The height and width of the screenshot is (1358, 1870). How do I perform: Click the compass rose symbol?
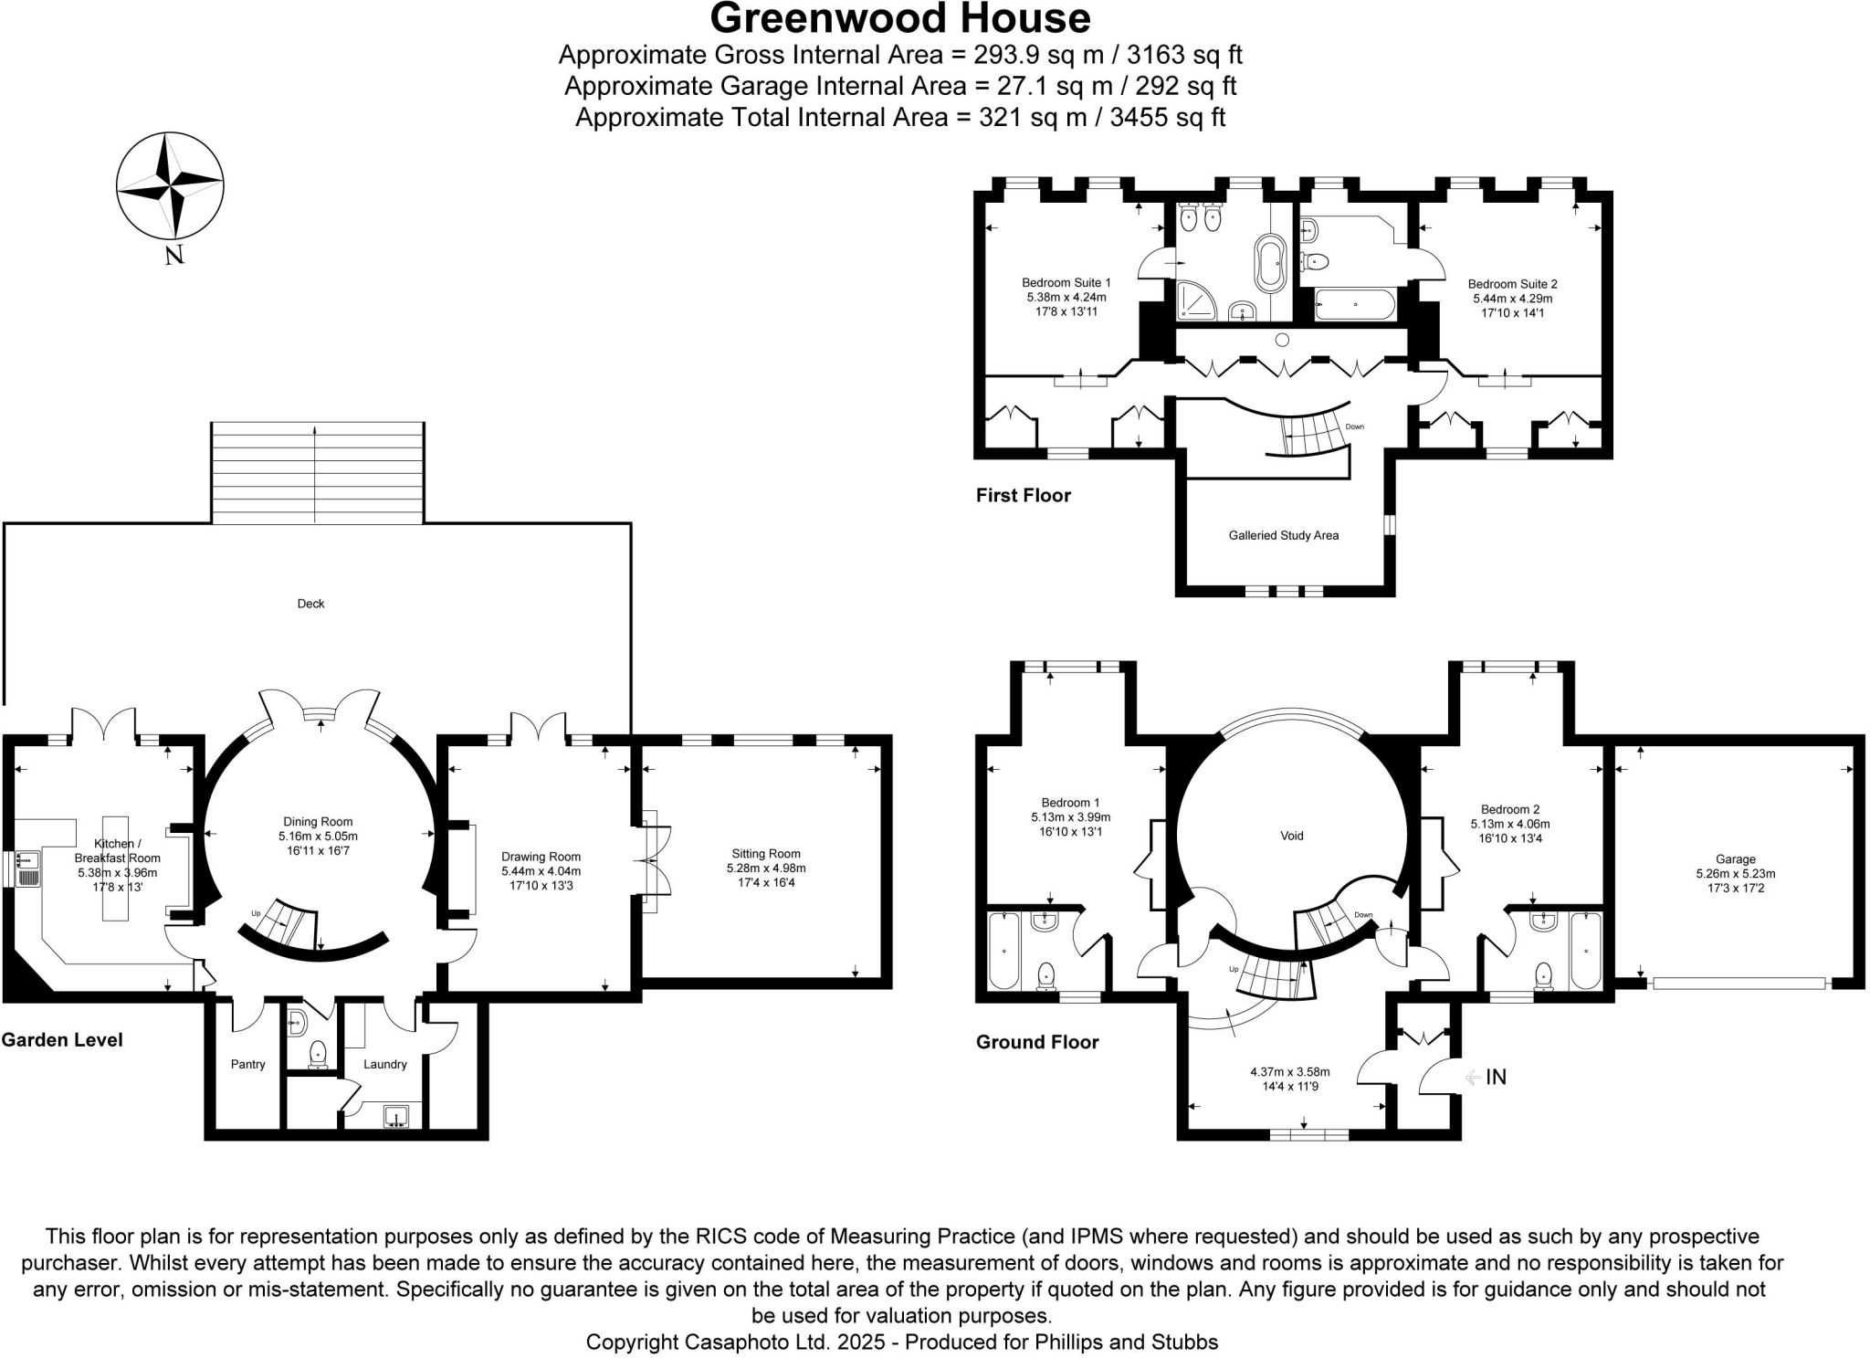(x=170, y=186)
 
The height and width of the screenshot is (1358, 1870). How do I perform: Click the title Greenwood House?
(x=899, y=18)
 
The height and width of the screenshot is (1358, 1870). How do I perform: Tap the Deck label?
(x=310, y=604)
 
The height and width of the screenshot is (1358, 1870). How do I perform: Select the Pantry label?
(x=247, y=1064)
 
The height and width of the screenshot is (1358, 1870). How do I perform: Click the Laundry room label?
(x=384, y=1064)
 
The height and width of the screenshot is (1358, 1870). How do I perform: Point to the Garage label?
(x=1735, y=859)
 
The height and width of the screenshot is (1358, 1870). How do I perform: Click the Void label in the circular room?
(x=1291, y=836)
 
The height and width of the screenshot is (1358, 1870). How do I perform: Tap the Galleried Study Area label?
(x=1283, y=536)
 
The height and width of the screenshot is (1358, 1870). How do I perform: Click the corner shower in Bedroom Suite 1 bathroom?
(x=1196, y=302)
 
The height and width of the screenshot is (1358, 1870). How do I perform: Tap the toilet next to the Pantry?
(x=317, y=1055)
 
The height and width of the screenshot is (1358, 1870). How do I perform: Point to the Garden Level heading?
(x=62, y=1039)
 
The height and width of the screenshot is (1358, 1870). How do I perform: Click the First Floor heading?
(x=1023, y=496)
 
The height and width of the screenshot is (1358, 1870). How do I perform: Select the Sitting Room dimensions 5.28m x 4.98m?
(x=765, y=868)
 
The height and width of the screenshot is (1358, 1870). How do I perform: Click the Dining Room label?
(x=318, y=822)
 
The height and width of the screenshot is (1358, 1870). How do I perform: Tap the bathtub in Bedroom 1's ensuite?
(x=1003, y=951)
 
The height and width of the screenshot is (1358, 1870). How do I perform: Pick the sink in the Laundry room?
(x=396, y=1116)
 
